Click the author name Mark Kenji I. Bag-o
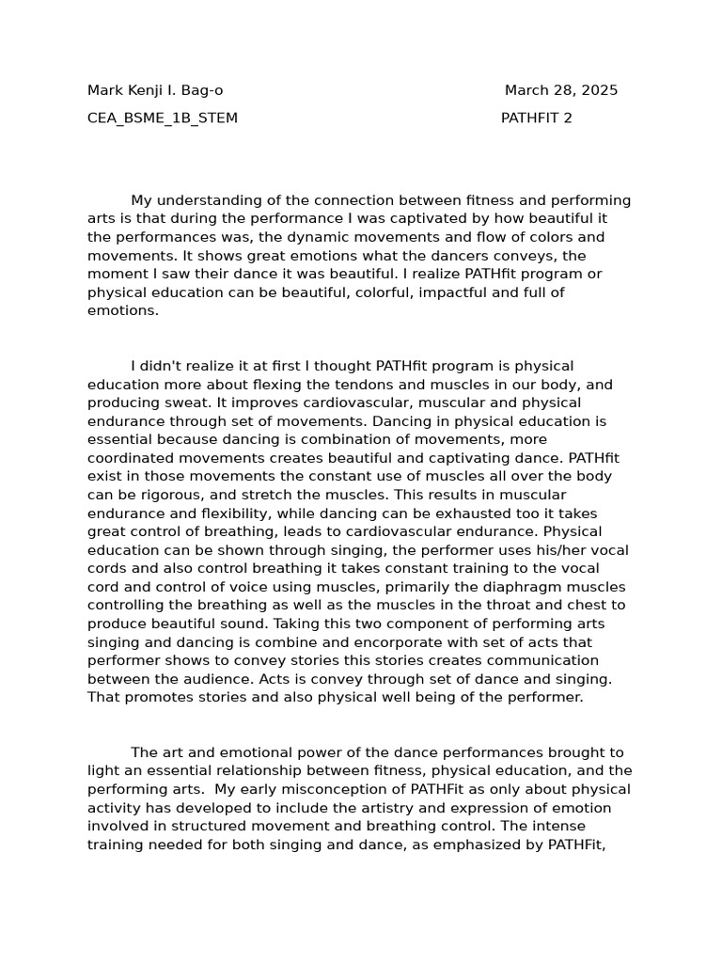pos(155,91)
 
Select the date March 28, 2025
pos(561,91)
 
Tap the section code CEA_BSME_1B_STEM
pos(163,118)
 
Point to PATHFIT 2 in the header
pos(536,118)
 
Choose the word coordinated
pos(131,458)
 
